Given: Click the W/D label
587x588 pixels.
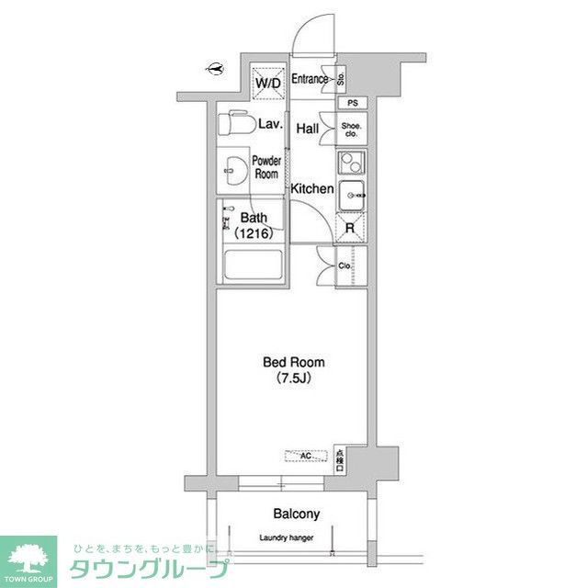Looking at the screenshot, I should point(269,84).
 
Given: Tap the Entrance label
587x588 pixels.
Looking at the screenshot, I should point(310,79).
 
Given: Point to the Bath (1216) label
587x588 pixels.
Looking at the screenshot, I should point(253,226).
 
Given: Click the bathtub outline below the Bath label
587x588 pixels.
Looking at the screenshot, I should point(254,266).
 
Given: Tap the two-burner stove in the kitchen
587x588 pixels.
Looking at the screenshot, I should point(351,164).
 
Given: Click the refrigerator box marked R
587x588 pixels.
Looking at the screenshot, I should point(351,230).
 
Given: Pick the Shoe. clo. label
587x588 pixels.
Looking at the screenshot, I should point(351,130).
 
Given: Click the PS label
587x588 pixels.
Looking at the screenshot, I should point(352,103).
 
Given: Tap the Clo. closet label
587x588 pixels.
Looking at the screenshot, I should point(344,266).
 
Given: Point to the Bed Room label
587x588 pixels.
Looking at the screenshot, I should point(294,362).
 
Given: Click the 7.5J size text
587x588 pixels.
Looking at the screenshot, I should point(294,378).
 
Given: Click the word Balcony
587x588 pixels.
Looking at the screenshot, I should point(293,515).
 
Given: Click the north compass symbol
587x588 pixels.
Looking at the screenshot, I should point(215,67).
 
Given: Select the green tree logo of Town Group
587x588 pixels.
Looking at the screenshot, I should point(28,555).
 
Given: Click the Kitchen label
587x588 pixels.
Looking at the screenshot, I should point(312,188).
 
